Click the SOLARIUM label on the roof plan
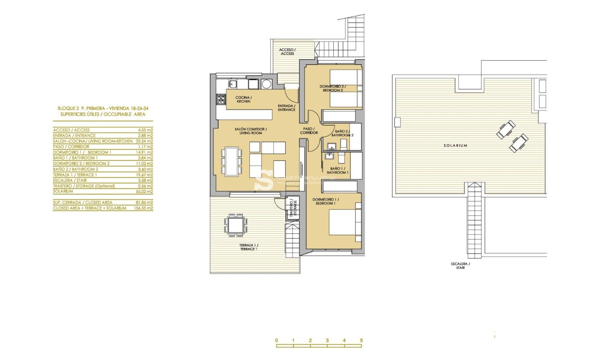pyautogui.click(x=456, y=145)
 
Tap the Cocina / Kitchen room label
pyautogui.click(x=244, y=100)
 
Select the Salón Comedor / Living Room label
pyautogui.click(x=251, y=131)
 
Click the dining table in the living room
pyautogui.click(x=232, y=161)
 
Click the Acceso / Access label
pyautogui.click(x=287, y=52)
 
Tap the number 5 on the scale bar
pyautogui.click(x=361, y=341)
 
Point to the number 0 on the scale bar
pyautogui.click(x=277, y=341)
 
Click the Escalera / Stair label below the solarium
pyautogui.click(x=460, y=266)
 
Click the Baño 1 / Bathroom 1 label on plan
pyautogui.click(x=337, y=171)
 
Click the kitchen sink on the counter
pyautogui.click(x=233, y=84)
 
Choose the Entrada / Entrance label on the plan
pyautogui.click(x=286, y=108)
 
